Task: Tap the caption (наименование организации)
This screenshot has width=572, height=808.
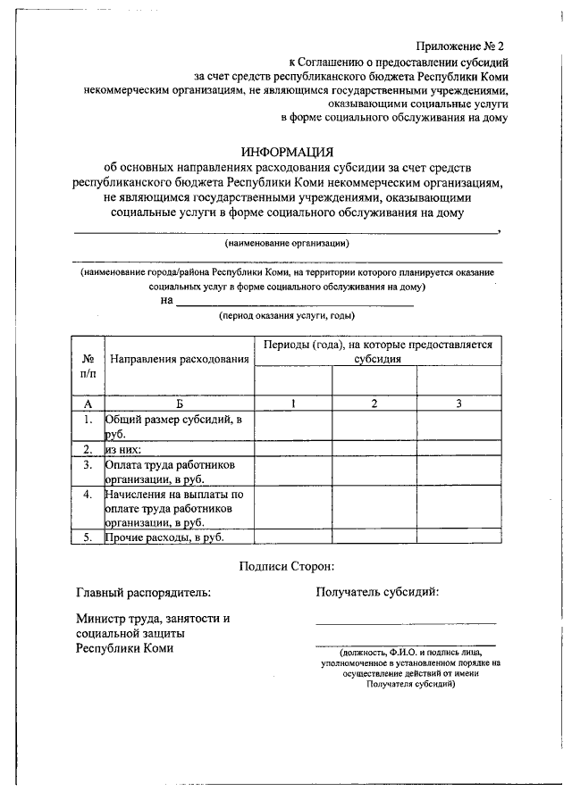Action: tap(287, 243)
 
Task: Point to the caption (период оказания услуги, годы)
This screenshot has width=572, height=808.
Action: tap(287, 315)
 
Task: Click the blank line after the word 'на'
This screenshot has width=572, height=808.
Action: tap(295, 304)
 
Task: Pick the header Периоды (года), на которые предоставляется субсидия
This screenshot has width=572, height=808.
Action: tap(376, 350)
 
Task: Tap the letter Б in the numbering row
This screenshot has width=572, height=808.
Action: tap(180, 404)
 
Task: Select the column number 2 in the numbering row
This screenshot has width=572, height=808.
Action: tap(374, 404)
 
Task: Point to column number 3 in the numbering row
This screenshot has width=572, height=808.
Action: tap(458, 404)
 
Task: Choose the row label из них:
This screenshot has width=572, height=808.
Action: tap(123, 449)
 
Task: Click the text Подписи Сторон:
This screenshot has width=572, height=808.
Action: tap(287, 565)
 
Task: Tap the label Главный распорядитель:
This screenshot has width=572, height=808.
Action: tap(144, 591)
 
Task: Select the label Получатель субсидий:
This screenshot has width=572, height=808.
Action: tap(377, 591)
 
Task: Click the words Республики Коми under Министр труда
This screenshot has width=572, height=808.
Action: tap(124, 648)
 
